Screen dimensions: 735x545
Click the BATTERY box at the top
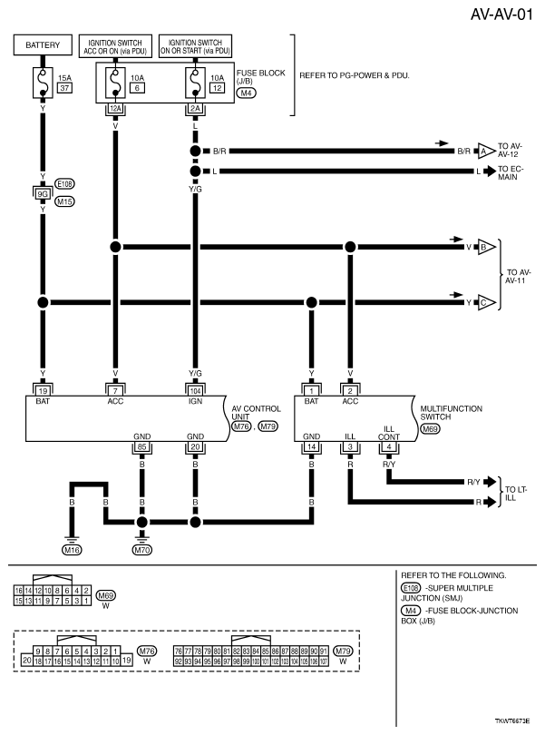click(43, 44)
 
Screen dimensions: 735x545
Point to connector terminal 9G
click(43, 191)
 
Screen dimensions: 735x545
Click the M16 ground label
click(72, 550)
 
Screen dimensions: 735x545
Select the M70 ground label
click(141, 550)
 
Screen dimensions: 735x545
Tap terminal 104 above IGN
click(194, 389)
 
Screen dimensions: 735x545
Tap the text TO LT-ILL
click(519, 493)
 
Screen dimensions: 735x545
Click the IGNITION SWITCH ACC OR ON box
click(116, 44)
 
